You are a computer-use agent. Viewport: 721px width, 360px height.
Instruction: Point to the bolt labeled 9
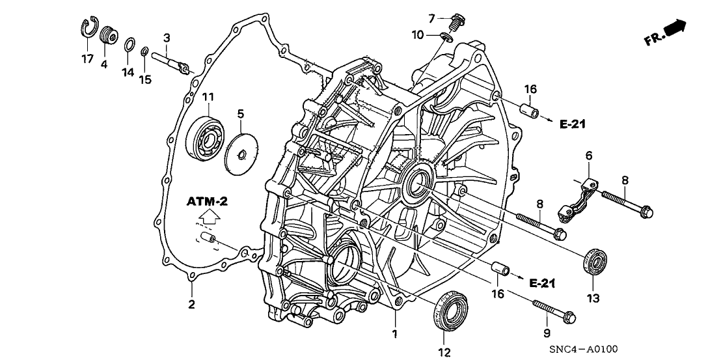tap(554, 311)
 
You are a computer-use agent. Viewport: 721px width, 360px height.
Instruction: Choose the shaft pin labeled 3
tap(170, 61)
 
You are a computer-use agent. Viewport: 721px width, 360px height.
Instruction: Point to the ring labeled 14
tap(129, 45)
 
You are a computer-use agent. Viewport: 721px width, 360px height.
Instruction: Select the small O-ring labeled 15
tap(145, 51)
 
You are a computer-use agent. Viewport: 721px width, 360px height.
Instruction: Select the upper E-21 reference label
tap(574, 121)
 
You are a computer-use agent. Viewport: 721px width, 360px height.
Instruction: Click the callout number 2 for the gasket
tap(191, 304)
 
